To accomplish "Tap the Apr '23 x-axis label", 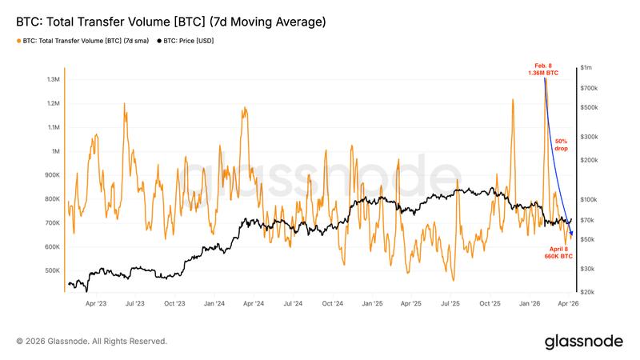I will point(96,304).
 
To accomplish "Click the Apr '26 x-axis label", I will point(569,304).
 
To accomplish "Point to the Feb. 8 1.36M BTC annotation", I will point(543,69).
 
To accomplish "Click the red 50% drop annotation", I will point(562,145).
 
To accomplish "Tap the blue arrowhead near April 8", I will point(571,233).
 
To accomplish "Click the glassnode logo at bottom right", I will point(584,341).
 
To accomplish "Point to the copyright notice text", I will point(91,341).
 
